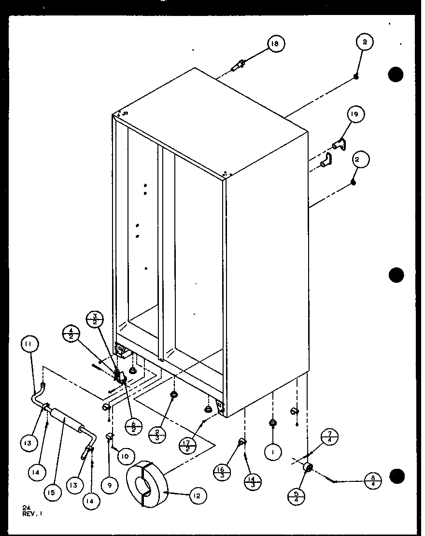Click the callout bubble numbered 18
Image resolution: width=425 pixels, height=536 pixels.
[274, 44]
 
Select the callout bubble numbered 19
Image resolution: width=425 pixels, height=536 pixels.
[355, 115]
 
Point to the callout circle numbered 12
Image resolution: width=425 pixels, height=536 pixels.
[198, 495]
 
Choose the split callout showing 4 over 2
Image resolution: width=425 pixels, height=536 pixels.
[71, 333]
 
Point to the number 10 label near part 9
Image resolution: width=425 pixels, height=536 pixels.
[125, 455]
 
